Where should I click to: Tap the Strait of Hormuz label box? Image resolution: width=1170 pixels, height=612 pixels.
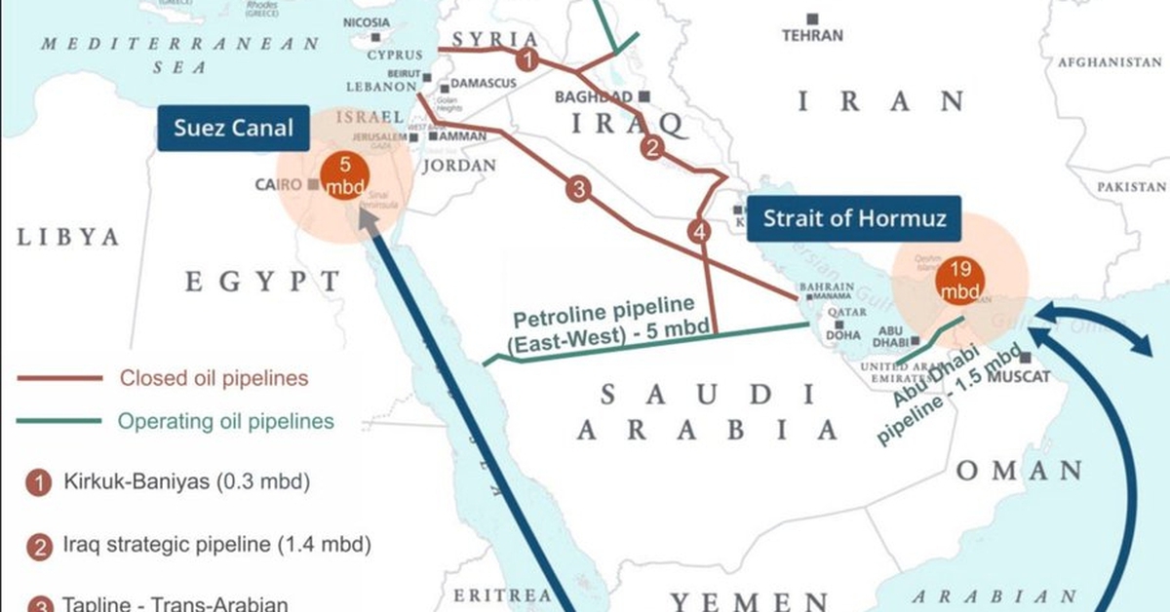854,218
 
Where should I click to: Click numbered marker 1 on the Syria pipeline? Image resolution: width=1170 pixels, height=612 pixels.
527,60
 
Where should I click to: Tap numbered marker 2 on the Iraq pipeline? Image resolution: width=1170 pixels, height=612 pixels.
651,148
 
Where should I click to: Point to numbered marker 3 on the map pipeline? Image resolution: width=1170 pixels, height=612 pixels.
577,190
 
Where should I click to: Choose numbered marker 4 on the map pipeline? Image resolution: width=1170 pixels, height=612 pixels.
698,232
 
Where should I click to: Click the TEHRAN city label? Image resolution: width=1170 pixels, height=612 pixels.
811,35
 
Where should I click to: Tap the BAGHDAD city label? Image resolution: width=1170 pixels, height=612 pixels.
594,96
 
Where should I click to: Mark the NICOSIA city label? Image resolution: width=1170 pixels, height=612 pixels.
367,22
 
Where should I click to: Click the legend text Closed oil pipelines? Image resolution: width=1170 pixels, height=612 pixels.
214,378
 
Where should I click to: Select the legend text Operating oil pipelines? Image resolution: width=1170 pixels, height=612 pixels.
225,422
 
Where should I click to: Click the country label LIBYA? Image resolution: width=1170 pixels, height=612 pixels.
67,237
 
